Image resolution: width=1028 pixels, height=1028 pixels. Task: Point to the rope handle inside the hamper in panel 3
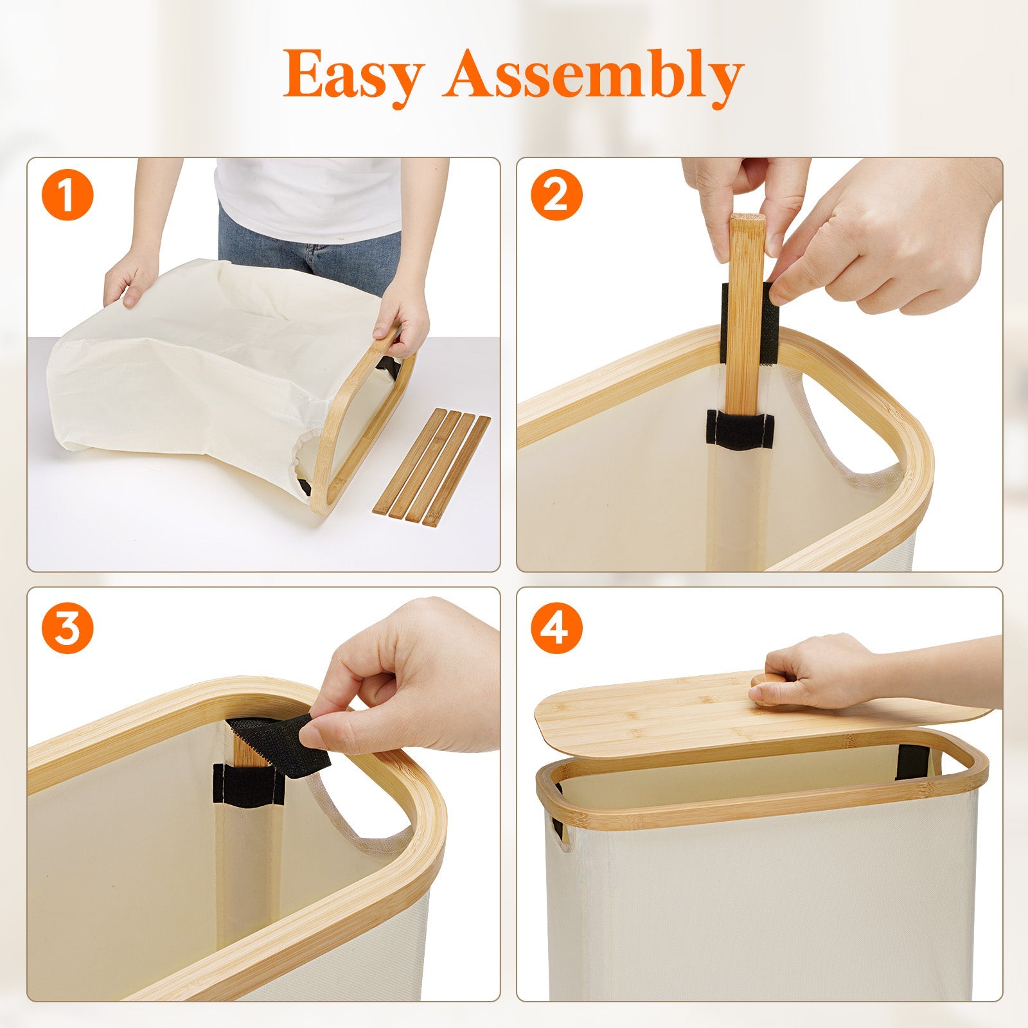(360, 816)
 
